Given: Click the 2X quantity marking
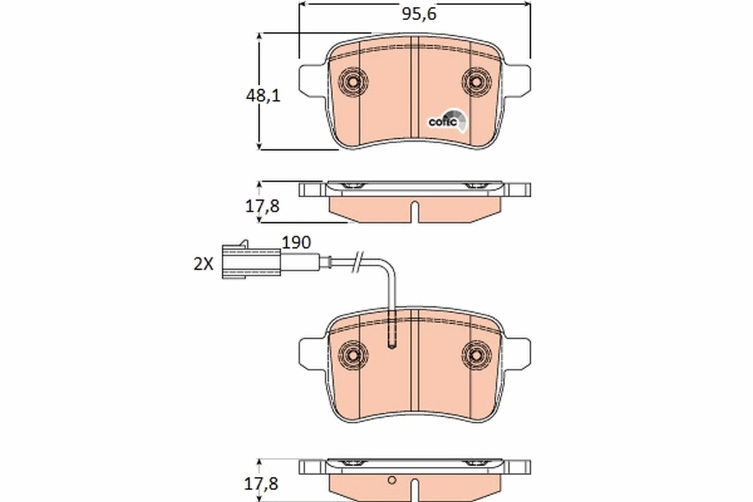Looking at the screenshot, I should [203, 264].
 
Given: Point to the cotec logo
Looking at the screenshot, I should [447, 121].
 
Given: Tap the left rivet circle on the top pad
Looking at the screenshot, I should [352, 82].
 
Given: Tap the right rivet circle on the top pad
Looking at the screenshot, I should [475, 82].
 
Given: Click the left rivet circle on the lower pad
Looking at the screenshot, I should [352, 353].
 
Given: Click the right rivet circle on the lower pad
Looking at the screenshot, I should [475, 353].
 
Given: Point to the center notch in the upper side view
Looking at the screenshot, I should [414, 210].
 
